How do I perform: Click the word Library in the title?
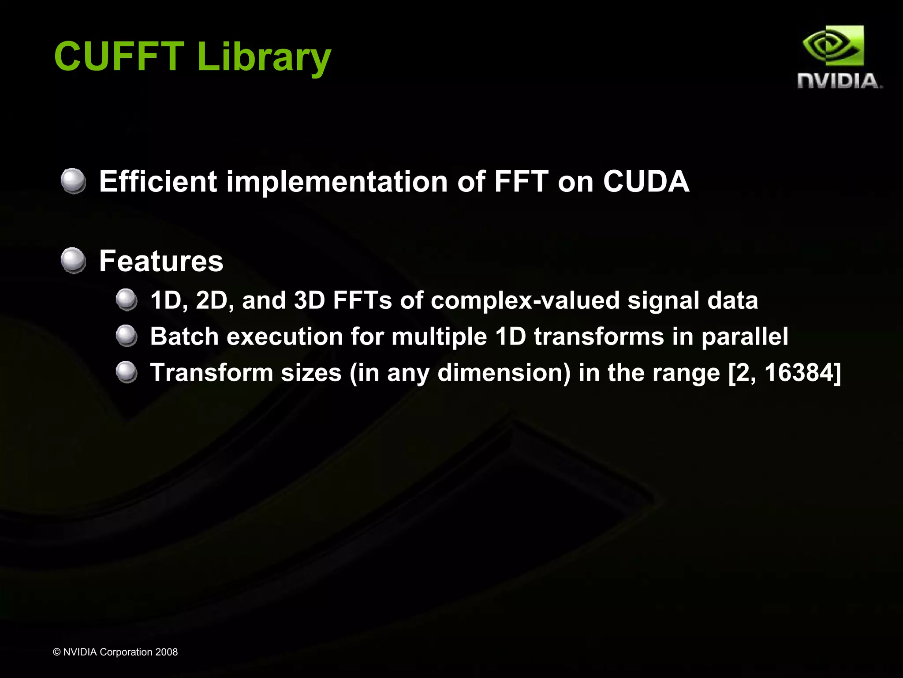point(264,57)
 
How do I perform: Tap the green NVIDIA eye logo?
point(833,46)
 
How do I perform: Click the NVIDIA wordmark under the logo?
point(838,81)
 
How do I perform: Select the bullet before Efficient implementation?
point(73,181)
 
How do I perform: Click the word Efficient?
point(158,181)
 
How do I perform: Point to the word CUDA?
point(646,181)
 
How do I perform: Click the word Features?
point(161,261)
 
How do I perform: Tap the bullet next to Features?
point(73,260)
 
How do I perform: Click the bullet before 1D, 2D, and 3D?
point(127,300)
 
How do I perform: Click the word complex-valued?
point(525,301)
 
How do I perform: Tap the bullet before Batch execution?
point(127,336)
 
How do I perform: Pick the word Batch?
point(184,336)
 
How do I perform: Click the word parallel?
point(744,337)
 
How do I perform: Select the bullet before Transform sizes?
point(127,372)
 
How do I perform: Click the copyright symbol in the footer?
point(56,652)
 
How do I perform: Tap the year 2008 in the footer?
point(166,652)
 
